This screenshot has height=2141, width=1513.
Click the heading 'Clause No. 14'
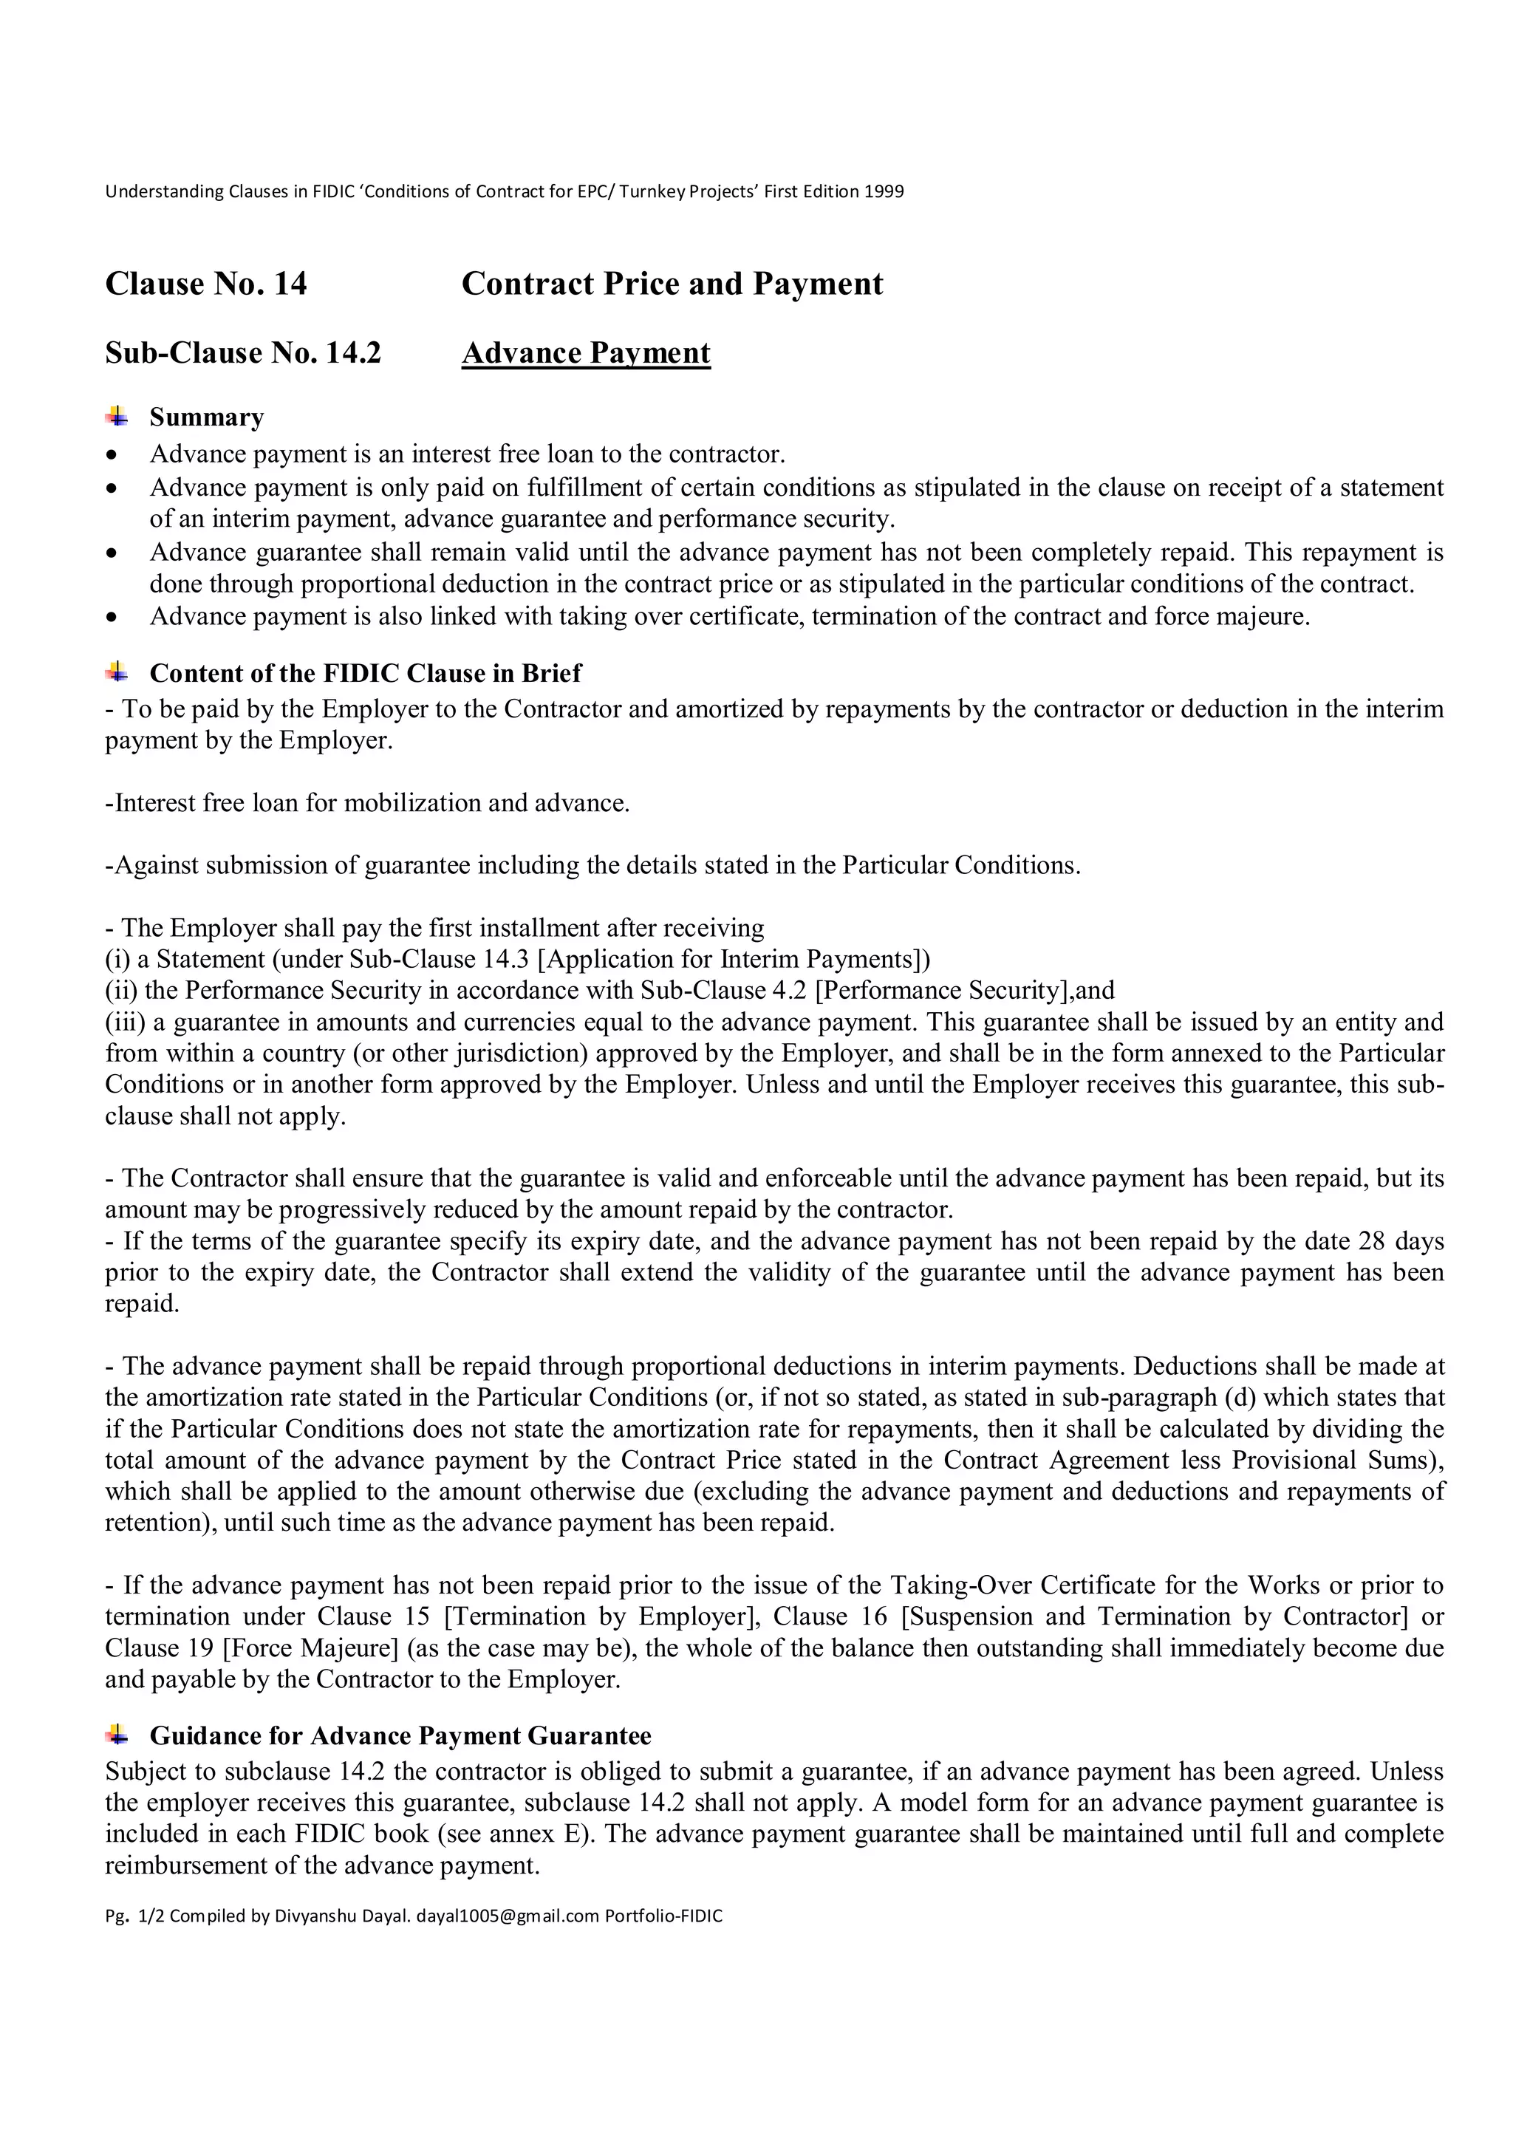pyautogui.click(x=206, y=284)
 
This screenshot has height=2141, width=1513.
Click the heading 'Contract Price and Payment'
pyautogui.click(x=672, y=284)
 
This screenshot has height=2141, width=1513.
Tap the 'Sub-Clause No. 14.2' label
pyautogui.click(x=243, y=352)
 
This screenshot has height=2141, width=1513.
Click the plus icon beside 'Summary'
pyautogui.click(x=117, y=416)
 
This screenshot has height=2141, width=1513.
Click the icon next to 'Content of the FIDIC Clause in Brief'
pyautogui.click(x=117, y=672)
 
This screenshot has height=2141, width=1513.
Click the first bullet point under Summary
pyautogui.click(x=113, y=455)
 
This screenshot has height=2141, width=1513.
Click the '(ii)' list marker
pyautogui.click(x=121, y=990)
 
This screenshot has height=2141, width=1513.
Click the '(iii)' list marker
pyautogui.click(x=125, y=1022)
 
